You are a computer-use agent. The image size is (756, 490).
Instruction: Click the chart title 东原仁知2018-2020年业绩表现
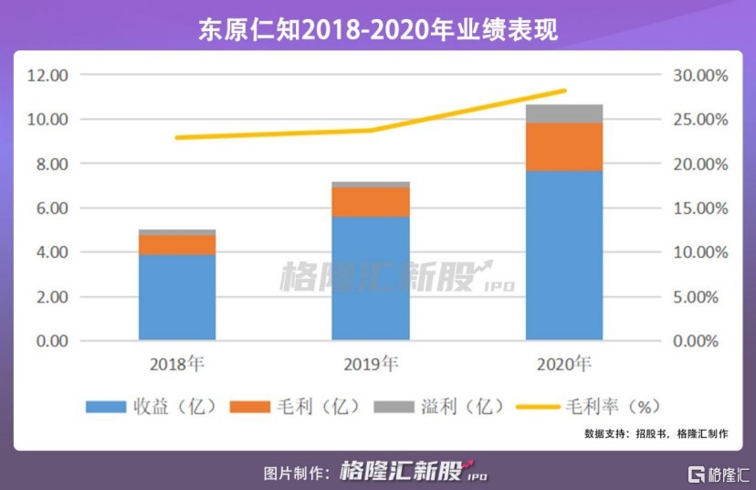click(x=377, y=28)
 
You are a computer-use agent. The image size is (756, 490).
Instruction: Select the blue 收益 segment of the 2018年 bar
click(x=177, y=297)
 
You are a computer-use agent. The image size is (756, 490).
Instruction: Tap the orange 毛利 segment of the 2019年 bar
click(x=370, y=201)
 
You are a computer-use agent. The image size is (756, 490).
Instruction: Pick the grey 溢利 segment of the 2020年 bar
click(x=563, y=113)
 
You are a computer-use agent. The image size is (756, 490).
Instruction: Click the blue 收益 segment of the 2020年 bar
click(x=563, y=256)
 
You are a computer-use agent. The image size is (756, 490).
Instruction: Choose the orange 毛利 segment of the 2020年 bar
click(x=563, y=146)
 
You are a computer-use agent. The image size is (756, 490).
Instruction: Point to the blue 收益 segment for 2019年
click(x=370, y=279)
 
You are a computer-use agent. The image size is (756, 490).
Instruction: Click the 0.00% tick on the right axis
click(x=699, y=341)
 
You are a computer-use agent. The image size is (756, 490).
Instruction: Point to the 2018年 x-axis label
click(x=177, y=365)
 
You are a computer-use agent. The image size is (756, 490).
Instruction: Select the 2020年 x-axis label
click(x=563, y=365)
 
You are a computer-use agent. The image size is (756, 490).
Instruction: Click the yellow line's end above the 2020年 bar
click(x=564, y=91)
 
